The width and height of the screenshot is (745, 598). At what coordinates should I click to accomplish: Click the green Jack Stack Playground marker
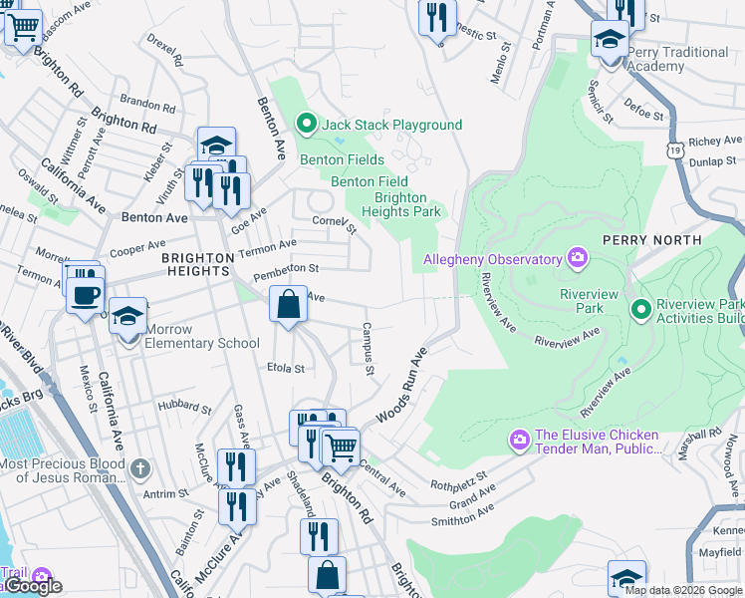point(307,125)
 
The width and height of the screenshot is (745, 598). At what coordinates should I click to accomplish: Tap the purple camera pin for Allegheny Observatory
point(577,259)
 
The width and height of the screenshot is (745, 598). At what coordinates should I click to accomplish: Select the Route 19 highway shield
point(676,149)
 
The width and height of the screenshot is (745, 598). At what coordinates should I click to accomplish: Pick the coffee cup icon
point(86,294)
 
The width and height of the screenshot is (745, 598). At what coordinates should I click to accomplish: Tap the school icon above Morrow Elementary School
point(127,317)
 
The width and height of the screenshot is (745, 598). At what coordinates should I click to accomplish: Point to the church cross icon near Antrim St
point(141,466)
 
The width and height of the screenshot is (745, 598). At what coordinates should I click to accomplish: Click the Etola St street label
point(286,368)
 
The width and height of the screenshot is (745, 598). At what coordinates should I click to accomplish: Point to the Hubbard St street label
point(184,409)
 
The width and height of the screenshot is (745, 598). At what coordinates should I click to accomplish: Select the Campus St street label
point(368,349)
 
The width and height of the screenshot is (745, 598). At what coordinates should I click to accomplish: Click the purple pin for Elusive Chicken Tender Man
point(519,440)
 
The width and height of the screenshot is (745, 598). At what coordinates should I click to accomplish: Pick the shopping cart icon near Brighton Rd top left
point(23,27)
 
